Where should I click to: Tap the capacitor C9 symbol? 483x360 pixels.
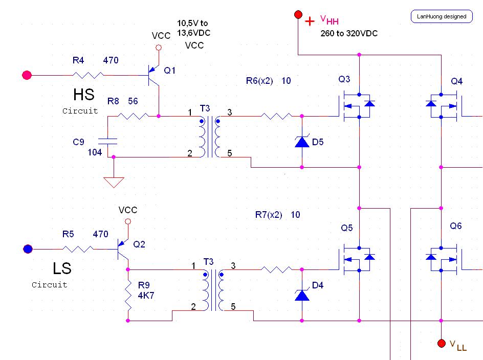pyautogui.click(x=108, y=141)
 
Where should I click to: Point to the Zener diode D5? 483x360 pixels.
pyautogui.click(x=302, y=142)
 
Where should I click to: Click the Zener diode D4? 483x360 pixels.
pyautogui.click(x=302, y=295)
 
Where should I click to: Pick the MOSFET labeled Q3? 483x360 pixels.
pyautogui.click(x=356, y=106)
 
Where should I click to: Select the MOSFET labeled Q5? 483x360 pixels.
pyautogui.click(x=356, y=259)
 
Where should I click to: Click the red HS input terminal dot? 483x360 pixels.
pyautogui.click(x=27, y=76)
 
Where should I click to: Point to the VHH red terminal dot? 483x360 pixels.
pyautogui.click(x=298, y=15)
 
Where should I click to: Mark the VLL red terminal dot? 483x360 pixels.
pyautogui.click(x=441, y=343)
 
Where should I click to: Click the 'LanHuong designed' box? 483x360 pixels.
pyautogui.click(x=441, y=16)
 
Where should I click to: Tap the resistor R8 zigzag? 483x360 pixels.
pyautogui.click(x=133, y=116)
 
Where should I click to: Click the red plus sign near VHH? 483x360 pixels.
pyautogui.click(x=310, y=21)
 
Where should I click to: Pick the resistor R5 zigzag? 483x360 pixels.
pyautogui.click(x=78, y=249)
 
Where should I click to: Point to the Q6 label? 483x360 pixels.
pyautogui.click(x=456, y=226)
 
